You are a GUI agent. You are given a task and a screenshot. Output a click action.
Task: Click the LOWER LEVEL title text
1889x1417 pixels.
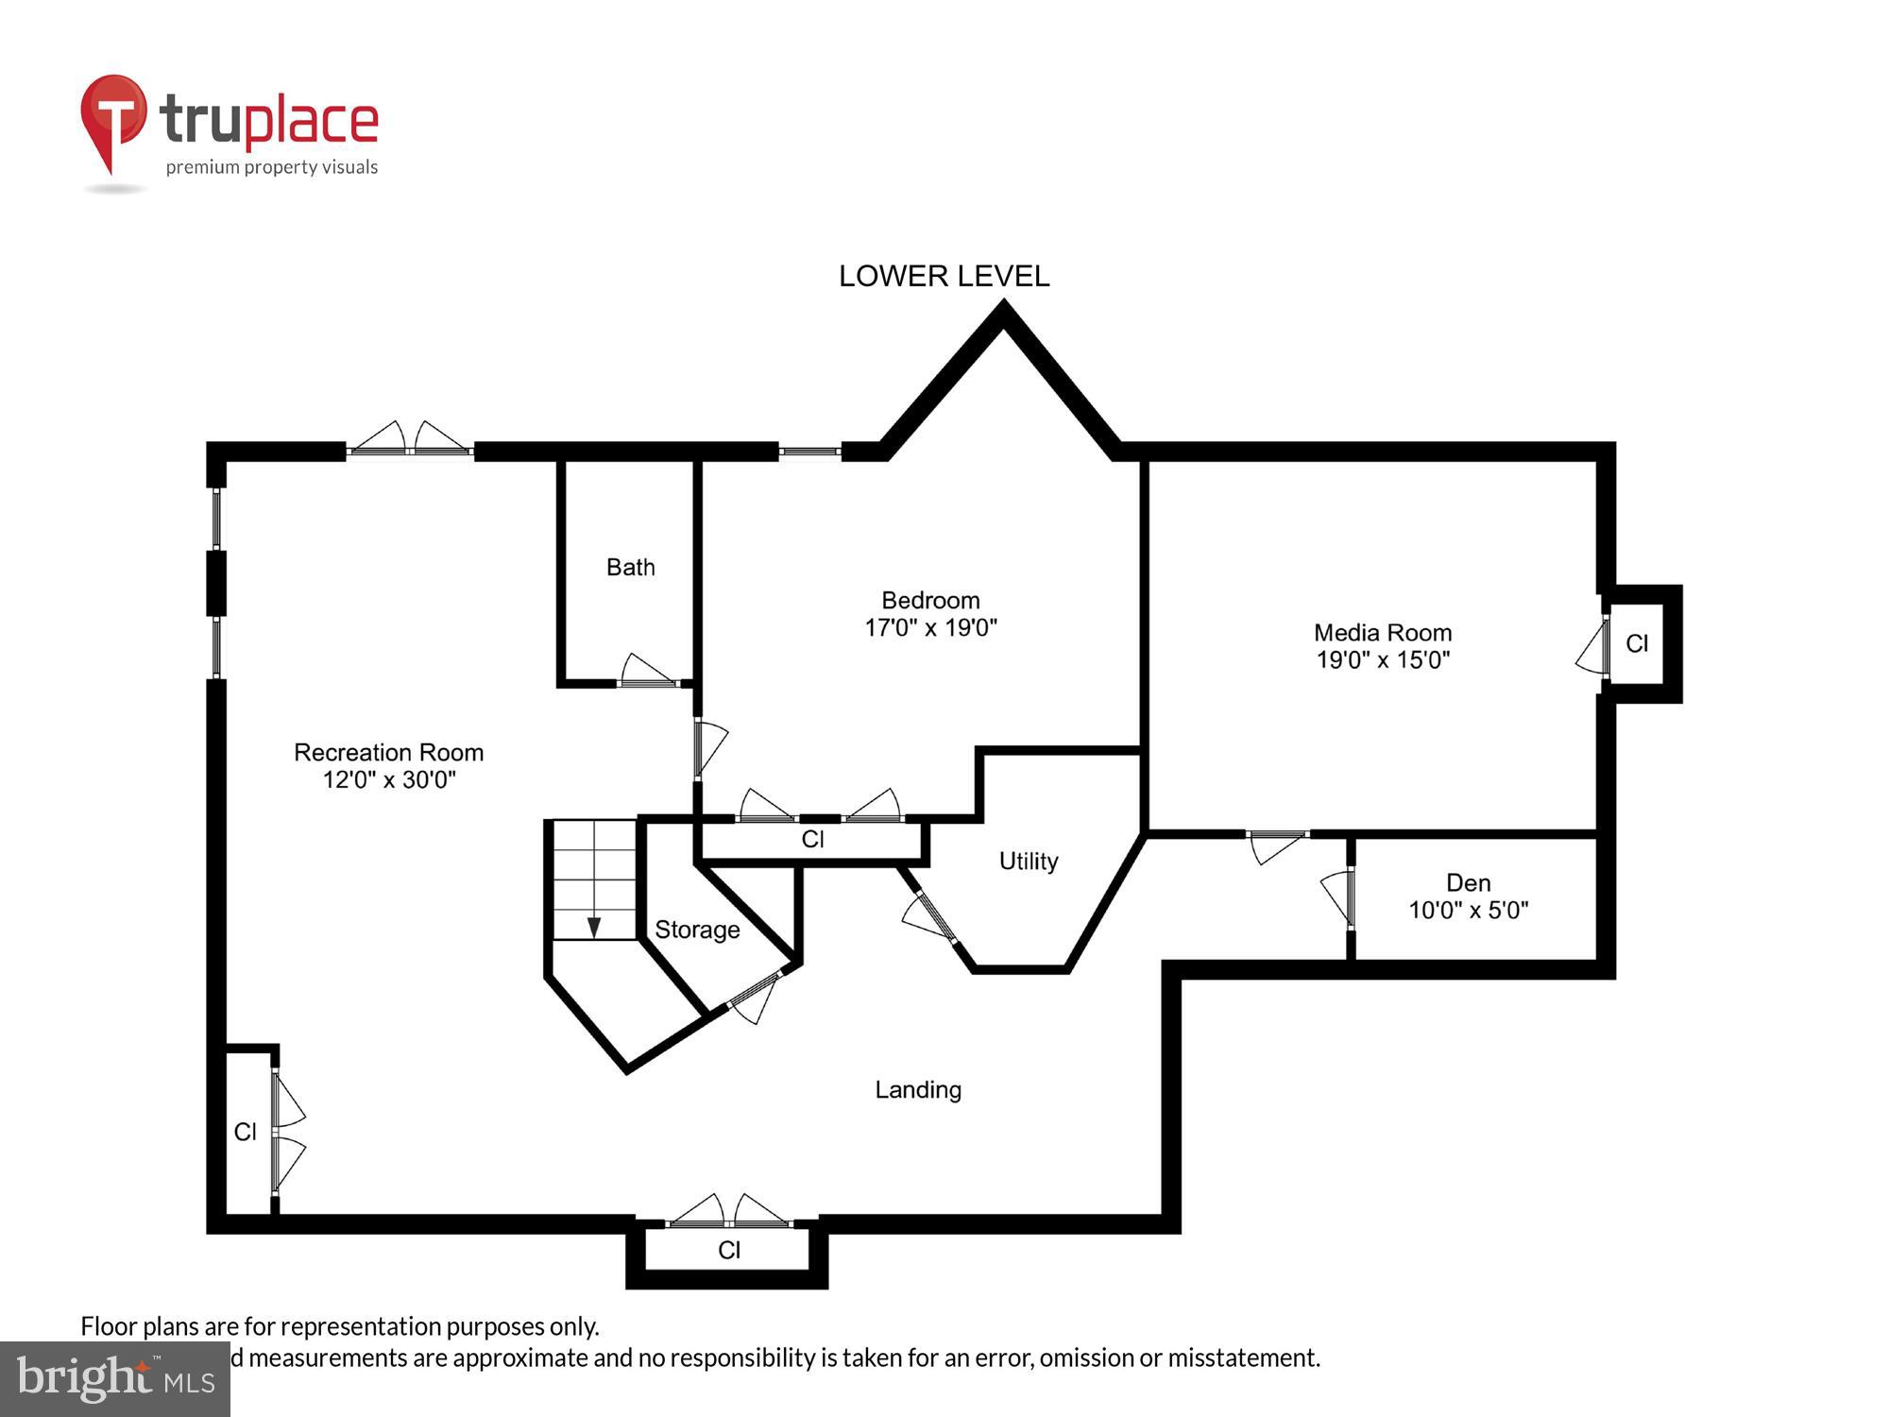(x=944, y=276)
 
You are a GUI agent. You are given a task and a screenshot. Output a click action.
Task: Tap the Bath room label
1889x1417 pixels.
(x=630, y=567)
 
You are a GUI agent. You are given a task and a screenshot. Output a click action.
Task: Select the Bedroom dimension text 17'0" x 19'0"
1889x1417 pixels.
(x=930, y=628)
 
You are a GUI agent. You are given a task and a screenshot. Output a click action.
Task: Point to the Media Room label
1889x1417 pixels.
(x=1382, y=632)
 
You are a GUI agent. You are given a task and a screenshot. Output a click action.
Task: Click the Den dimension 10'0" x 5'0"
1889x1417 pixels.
(x=1468, y=911)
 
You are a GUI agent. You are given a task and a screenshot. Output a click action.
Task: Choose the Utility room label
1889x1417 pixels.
(x=1028, y=861)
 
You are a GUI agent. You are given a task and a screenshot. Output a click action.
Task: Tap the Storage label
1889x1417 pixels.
(x=697, y=930)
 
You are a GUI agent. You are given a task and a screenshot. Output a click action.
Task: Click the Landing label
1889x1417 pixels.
(x=918, y=1089)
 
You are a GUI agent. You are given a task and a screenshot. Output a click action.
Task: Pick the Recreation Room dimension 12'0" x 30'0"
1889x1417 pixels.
(x=389, y=780)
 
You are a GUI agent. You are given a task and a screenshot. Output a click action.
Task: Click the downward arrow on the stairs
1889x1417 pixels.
(x=594, y=927)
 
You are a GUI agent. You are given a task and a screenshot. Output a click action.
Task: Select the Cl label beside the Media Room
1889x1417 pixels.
(x=1637, y=643)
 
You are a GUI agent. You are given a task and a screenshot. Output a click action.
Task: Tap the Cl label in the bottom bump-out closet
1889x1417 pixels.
(x=728, y=1250)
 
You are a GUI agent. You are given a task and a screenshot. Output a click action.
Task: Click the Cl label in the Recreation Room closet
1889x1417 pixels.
(x=245, y=1132)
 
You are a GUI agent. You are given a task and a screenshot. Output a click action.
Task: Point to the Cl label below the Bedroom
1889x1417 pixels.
(x=812, y=839)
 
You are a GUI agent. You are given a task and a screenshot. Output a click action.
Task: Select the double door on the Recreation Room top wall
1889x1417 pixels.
(x=409, y=441)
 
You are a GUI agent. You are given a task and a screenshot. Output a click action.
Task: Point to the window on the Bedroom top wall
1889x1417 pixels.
(x=809, y=452)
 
